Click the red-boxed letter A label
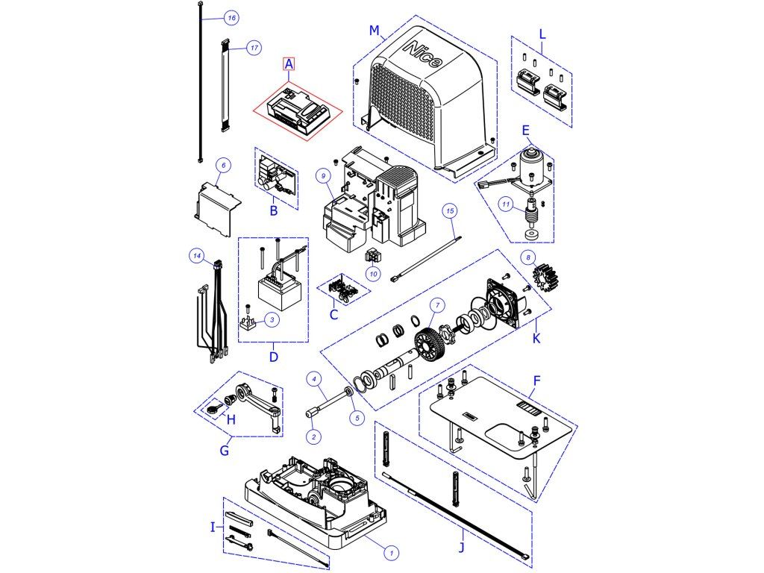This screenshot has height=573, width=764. click(289, 64)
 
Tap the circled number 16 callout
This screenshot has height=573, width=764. click(231, 17)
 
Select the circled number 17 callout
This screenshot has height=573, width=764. click(254, 48)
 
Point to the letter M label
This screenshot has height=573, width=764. click(375, 31)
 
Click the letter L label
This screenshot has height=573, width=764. click(542, 34)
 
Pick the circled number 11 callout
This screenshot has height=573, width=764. click(506, 204)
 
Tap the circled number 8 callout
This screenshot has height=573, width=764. click(529, 258)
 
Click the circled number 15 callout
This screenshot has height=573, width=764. click(450, 211)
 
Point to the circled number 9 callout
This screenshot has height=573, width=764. click(322, 175)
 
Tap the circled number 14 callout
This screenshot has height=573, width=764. click(197, 256)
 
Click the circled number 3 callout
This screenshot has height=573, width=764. click(272, 320)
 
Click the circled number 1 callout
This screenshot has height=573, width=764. click(393, 552)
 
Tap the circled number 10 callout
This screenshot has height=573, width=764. click(374, 275)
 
